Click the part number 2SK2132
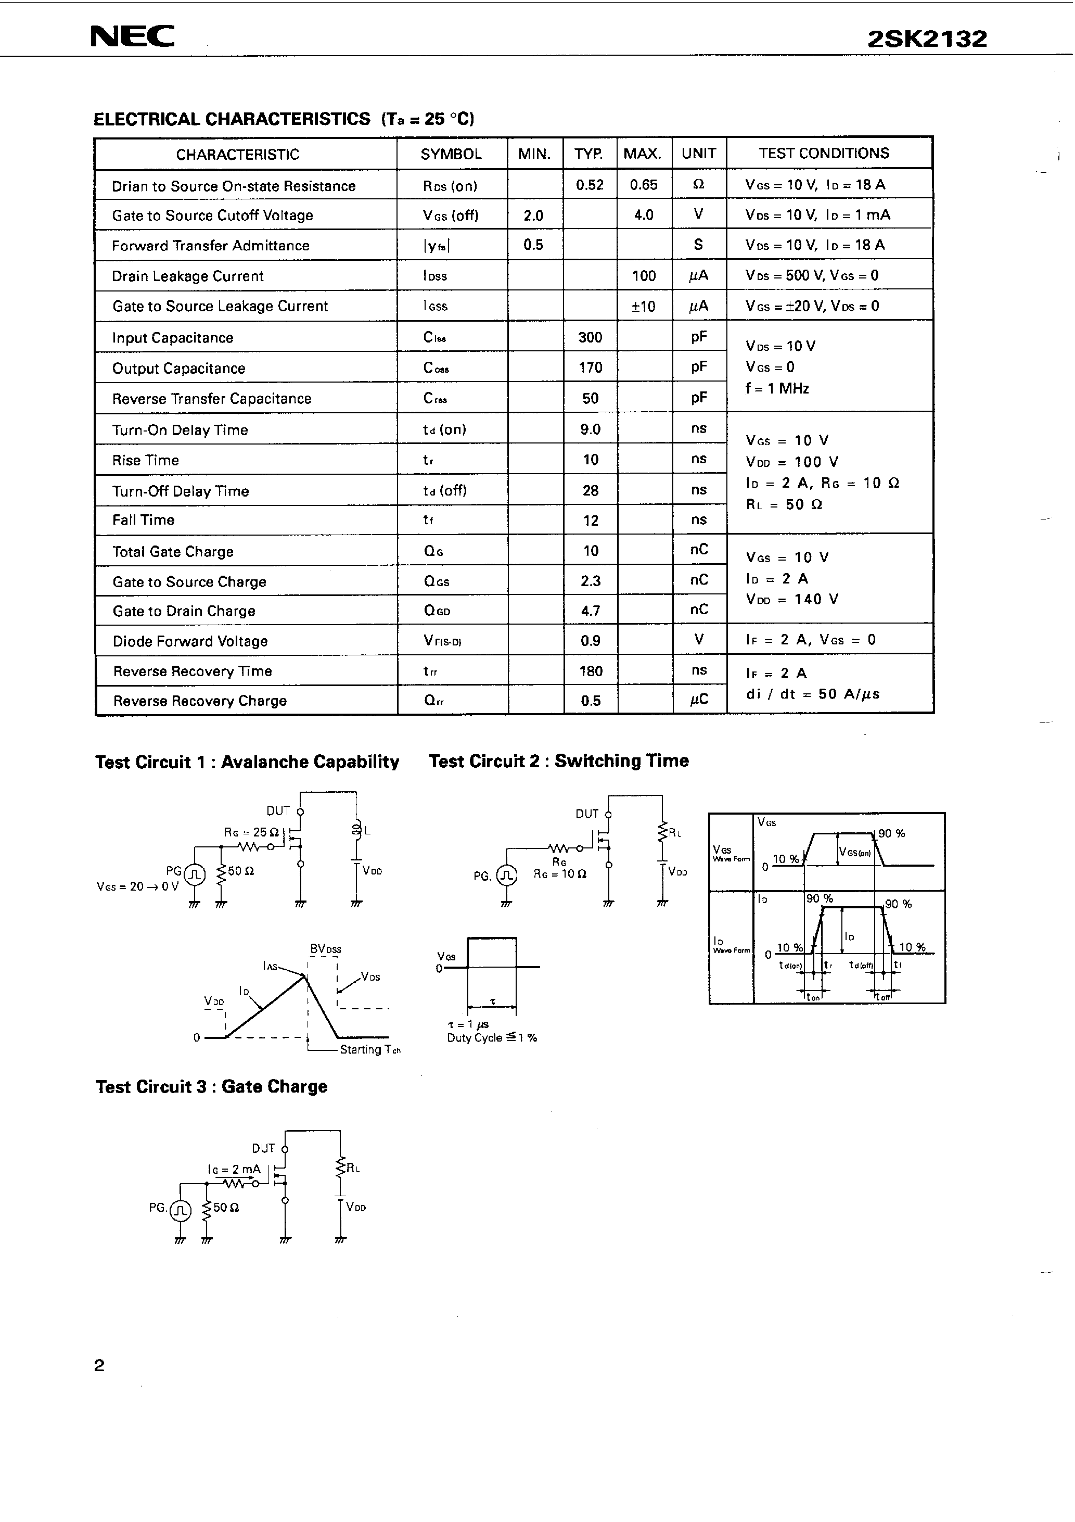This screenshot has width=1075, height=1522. tap(927, 39)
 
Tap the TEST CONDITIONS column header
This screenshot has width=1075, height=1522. tap(824, 153)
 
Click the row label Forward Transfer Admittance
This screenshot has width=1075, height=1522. tap(210, 246)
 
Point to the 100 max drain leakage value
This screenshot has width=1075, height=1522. tap(644, 276)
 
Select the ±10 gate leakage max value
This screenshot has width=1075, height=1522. tap(643, 306)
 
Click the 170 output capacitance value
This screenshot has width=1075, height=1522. tap(590, 368)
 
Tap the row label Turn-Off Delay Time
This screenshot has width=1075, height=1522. tap(180, 491)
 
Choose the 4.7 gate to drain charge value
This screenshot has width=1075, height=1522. tap(590, 611)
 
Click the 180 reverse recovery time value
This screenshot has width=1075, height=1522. tap(590, 671)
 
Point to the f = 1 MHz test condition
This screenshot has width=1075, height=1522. tap(777, 388)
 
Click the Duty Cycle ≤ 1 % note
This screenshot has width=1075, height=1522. tap(492, 1038)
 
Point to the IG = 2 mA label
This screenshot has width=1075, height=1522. tap(234, 1169)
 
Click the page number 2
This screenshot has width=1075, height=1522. tap(99, 1365)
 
